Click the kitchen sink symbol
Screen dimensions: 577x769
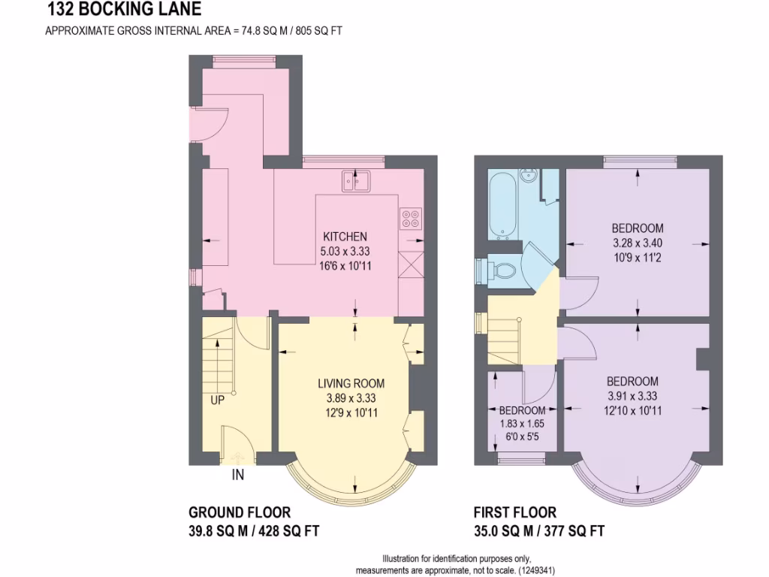point(356,180)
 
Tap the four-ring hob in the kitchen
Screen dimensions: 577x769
point(411,218)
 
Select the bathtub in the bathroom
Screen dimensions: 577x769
point(501,204)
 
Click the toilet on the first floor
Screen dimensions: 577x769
point(502,269)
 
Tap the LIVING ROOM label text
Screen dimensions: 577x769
point(346,383)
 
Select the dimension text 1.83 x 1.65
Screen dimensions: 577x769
point(522,423)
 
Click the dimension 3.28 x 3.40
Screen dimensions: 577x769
point(637,242)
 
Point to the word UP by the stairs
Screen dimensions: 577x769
point(217,400)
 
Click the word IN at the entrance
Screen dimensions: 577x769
point(238,475)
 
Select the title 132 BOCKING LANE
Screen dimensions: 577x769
point(124,11)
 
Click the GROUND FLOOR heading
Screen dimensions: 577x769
point(239,512)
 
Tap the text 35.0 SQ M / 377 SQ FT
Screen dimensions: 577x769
point(538,531)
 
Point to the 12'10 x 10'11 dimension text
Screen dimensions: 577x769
point(632,410)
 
